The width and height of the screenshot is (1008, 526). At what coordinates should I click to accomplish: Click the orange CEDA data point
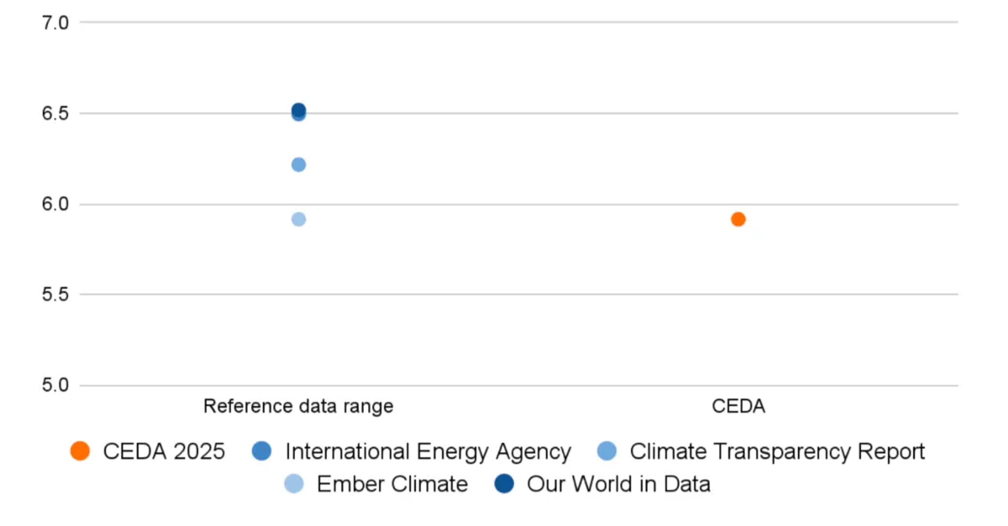click(738, 219)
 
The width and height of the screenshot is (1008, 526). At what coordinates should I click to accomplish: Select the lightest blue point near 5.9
click(298, 219)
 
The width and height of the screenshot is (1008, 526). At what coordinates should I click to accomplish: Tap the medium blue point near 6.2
click(298, 165)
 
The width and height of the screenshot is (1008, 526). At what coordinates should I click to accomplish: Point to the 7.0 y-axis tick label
click(55, 23)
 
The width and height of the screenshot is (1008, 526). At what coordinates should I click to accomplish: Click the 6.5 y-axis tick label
click(55, 113)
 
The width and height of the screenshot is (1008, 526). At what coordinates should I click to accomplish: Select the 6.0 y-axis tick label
click(55, 204)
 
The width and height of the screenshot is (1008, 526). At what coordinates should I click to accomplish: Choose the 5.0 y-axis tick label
click(55, 385)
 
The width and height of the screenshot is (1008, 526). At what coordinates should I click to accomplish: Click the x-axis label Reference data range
click(298, 406)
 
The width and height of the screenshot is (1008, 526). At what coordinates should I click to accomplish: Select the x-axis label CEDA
click(738, 406)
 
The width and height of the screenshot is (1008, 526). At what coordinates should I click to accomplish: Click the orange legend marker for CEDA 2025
click(80, 451)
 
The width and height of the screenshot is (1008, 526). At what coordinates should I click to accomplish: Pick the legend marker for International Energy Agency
click(262, 451)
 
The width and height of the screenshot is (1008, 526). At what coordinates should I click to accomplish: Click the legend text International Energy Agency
click(428, 451)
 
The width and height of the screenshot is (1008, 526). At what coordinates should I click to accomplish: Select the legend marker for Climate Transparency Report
click(607, 451)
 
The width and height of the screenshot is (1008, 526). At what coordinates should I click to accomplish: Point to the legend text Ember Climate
click(392, 484)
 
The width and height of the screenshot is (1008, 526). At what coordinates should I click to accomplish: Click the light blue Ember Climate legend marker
click(294, 484)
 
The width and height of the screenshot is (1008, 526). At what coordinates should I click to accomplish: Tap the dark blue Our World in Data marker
click(504, 484)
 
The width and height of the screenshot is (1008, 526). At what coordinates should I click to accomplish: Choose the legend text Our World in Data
click(618, 484)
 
